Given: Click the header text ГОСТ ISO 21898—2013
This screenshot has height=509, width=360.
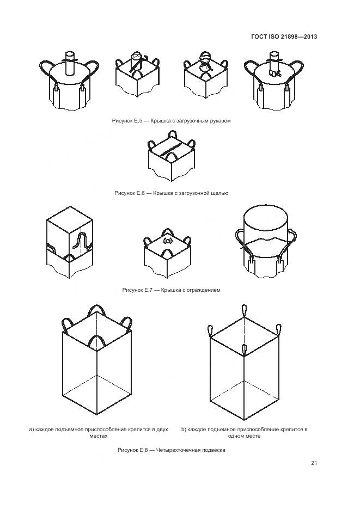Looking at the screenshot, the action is pos(284,36).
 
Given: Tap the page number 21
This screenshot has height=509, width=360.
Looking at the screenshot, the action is pos(314,463).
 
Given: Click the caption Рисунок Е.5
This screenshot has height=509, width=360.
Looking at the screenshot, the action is pos(171,121).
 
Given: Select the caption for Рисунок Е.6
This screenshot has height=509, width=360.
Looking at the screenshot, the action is pos(171,193).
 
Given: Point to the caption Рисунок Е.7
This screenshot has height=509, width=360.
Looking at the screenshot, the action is pos(171,290).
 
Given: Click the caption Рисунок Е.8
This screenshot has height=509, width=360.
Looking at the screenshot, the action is pos(171,450).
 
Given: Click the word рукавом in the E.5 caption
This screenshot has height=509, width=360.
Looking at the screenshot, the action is pos(220,121).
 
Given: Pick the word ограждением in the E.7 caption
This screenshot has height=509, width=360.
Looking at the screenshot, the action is pos(205,290).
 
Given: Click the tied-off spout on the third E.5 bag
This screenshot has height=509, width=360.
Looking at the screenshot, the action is pos(205,62).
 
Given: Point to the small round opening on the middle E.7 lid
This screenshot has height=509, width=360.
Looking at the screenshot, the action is pos(167,241).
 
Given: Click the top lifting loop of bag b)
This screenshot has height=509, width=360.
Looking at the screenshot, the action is pos(244,311).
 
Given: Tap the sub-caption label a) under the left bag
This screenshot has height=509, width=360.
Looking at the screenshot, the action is pos(32,430).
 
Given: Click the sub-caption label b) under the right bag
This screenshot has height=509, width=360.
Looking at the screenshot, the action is pos(184,430).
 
